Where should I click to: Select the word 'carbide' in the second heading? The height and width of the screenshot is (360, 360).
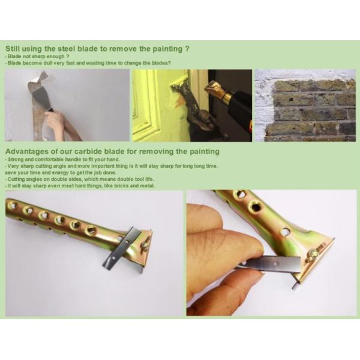88,152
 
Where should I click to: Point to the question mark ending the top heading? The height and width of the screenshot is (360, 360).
187,49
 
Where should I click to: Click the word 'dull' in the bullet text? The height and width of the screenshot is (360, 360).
47,63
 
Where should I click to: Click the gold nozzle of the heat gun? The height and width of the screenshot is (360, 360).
217,92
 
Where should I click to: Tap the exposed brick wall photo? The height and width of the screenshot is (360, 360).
305,106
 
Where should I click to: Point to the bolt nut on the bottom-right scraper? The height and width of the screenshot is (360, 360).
314,254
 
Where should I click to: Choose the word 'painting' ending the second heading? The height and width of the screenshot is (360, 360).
205,152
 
